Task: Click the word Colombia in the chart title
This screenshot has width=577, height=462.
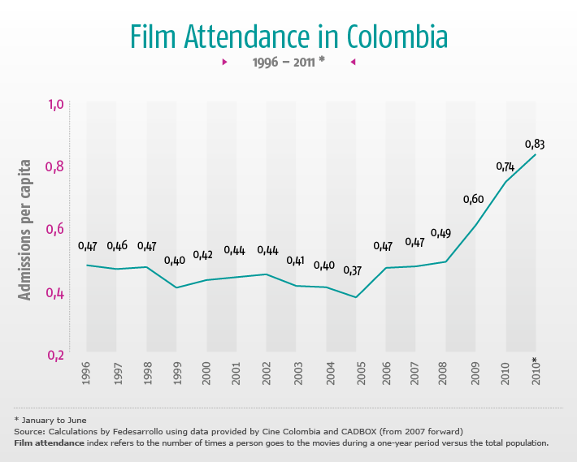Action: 397,36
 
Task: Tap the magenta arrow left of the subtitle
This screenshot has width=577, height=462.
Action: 224,62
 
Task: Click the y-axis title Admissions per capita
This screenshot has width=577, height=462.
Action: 26,230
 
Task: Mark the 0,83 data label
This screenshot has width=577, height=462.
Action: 534,145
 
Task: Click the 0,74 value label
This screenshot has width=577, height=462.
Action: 505,166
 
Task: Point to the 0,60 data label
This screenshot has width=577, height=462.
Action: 473,200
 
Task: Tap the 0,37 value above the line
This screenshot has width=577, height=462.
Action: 353,270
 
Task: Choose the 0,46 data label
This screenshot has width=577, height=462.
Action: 117,246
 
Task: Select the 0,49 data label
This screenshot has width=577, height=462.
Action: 440,234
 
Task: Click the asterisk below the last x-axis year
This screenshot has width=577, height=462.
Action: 535,360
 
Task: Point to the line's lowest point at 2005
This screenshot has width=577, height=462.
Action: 355,297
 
